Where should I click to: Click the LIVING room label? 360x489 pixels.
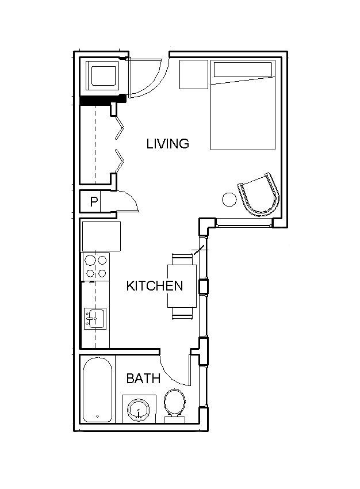167,144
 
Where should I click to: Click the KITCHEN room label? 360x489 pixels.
155,286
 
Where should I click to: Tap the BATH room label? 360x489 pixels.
143,379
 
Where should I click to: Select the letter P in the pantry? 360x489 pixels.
94,202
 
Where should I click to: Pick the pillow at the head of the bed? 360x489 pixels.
243,70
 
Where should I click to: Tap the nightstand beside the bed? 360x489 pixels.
193,75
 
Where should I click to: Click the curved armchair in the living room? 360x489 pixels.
259,194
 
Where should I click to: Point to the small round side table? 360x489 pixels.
229,200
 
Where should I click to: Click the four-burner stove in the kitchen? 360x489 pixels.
96,266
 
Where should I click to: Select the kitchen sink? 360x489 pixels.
95,318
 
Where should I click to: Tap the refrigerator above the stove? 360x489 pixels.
101,236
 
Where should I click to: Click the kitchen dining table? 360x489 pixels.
182,286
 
